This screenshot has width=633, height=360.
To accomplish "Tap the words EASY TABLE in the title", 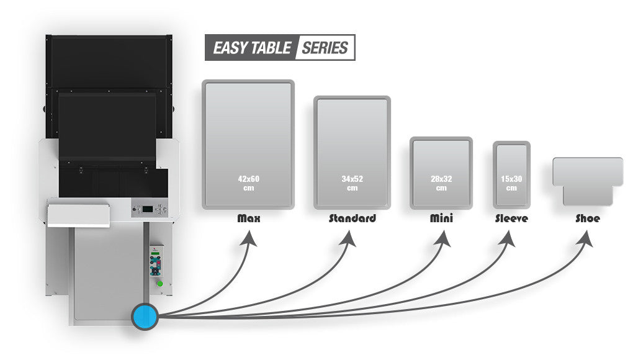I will (252, 48).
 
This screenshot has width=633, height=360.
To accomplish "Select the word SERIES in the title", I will (325, 48).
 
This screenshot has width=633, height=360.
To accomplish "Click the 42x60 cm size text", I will (248, 183).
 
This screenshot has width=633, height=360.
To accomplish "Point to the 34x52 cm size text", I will (352, 183).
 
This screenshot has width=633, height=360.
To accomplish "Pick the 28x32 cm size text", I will (441, 183).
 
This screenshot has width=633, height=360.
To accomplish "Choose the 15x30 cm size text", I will (511, 183).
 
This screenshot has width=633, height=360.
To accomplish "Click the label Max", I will (248, 218).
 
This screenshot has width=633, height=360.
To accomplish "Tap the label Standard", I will (352, 218).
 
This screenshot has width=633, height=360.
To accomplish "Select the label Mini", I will (441, 218).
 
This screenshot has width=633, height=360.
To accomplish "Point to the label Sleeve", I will (511, 218).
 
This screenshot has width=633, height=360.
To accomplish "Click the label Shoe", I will (587, 218).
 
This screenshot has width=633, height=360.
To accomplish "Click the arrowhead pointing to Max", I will (249, 239).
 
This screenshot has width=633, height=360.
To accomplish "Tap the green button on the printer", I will (159, 284).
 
